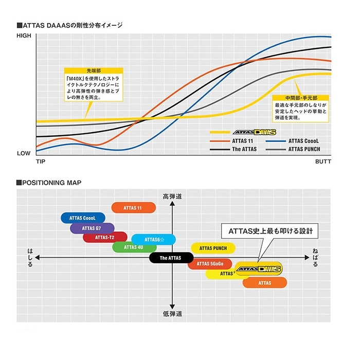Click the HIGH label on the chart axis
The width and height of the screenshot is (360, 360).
click(24, 35)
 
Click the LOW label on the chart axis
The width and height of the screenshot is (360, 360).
click(24, 153)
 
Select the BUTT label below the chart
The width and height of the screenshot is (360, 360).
click(323, 162)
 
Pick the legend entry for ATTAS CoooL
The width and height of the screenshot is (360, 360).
click(303, 140)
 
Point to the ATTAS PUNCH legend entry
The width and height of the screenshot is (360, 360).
click(303, 149)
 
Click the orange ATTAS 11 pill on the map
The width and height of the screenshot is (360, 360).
click(133, 208)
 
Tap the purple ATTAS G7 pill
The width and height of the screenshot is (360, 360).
click(92, 228)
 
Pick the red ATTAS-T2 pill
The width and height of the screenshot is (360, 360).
click(105, 237)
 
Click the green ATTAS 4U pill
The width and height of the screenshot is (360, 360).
click(134, 247)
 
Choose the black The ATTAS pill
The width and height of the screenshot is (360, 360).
click(171, 258)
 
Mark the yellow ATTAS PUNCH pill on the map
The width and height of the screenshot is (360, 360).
click(213, 248)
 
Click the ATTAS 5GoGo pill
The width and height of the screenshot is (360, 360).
click(209, 264)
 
